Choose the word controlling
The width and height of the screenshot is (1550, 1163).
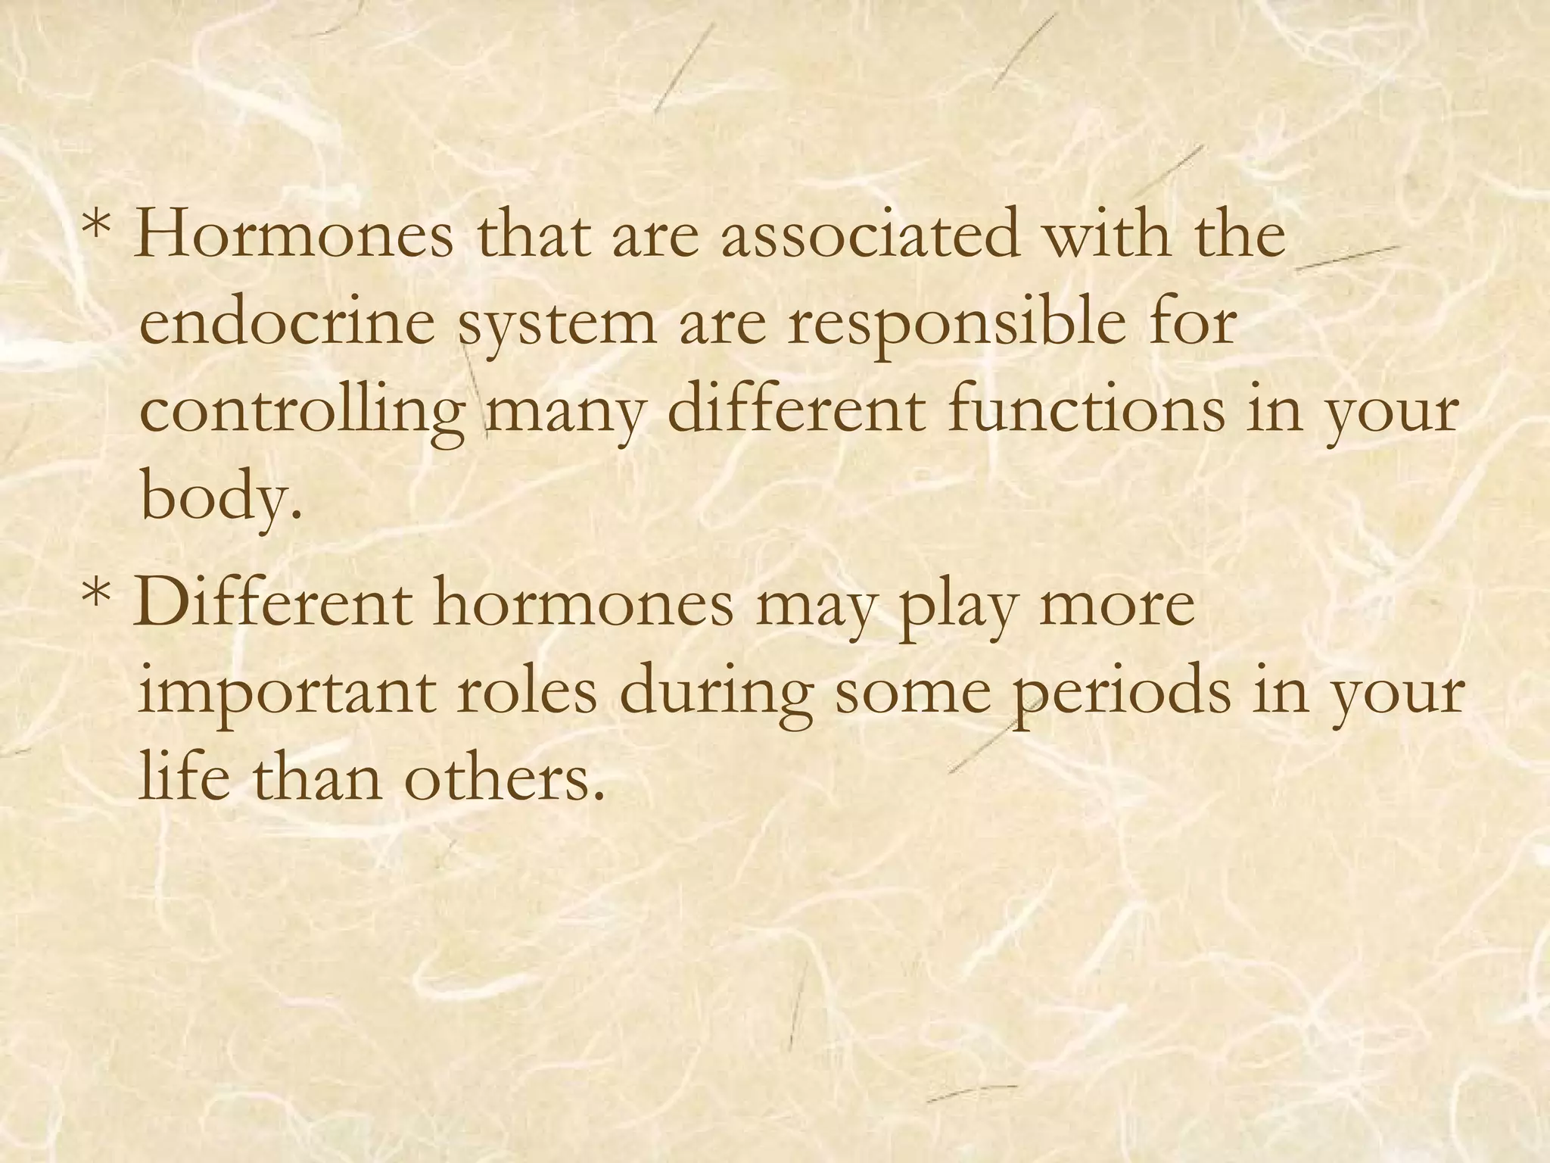point(303,414)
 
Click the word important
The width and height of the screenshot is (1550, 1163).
point(288,694)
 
